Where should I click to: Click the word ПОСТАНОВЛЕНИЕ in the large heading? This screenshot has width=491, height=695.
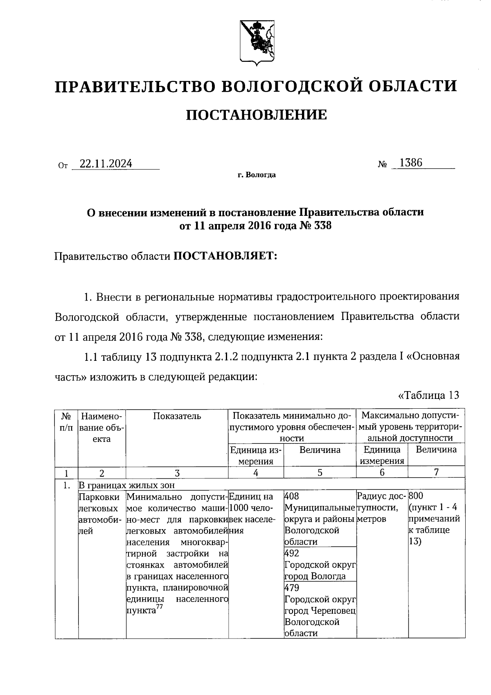pyautogui.click(x=257, y=115)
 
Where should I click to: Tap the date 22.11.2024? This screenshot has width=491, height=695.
pyautogui.click(x=106, y=164)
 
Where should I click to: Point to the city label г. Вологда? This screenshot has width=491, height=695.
pyautogui.click(x=257, y=175)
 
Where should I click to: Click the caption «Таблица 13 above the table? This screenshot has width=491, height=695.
pyautogui.click(x=428, y=395)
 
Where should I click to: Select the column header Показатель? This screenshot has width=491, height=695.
pyautogui.click(x=177, y=416)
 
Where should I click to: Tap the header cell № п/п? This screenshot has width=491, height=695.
pyautogui.click(x=66, y=422)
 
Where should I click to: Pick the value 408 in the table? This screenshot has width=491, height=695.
pyautogui.click(x=291, y=496)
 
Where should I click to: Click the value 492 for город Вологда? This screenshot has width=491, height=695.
pyautogui.click(x=291, y=553)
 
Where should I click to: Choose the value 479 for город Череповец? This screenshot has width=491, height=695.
pyautogui.click(x=291, y=588)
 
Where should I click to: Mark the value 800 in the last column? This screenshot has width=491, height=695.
pyautogui.click(x=416, y=496)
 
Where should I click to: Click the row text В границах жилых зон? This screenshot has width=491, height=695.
pyautogui.click(x=126, y=485)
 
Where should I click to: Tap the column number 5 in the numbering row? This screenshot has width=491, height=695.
pyautogui.click(x=320, y=473)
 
